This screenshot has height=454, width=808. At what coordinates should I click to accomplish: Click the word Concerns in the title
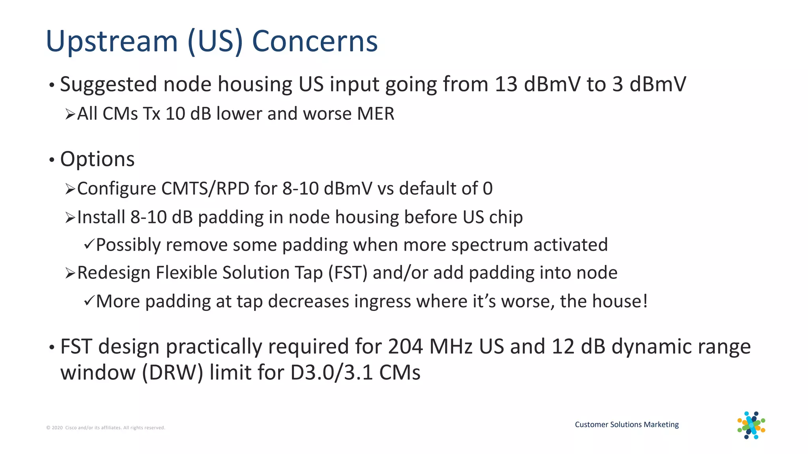point(314,41)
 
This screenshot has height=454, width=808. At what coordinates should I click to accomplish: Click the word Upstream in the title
point(112,42)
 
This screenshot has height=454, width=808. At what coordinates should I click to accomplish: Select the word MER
point(375,114)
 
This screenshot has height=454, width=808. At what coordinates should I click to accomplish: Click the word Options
point(97,159)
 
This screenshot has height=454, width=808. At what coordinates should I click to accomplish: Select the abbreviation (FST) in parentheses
point(348,273)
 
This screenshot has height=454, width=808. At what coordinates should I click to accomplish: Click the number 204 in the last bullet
point(406,347)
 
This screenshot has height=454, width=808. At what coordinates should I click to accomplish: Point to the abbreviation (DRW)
point(172,372)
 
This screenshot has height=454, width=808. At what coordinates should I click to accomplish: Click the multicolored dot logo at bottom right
point(751,425)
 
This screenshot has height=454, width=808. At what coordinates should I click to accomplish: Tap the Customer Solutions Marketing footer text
point(627,424)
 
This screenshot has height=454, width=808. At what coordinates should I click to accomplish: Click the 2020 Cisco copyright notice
point(105,428)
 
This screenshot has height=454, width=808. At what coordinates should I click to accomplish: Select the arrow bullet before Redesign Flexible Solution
point(70,273)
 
